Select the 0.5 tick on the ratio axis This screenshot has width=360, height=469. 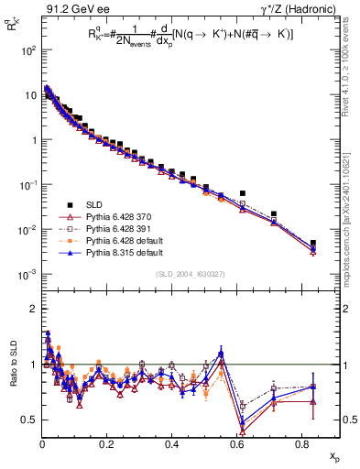pyautogui.click(x=28, y=420)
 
